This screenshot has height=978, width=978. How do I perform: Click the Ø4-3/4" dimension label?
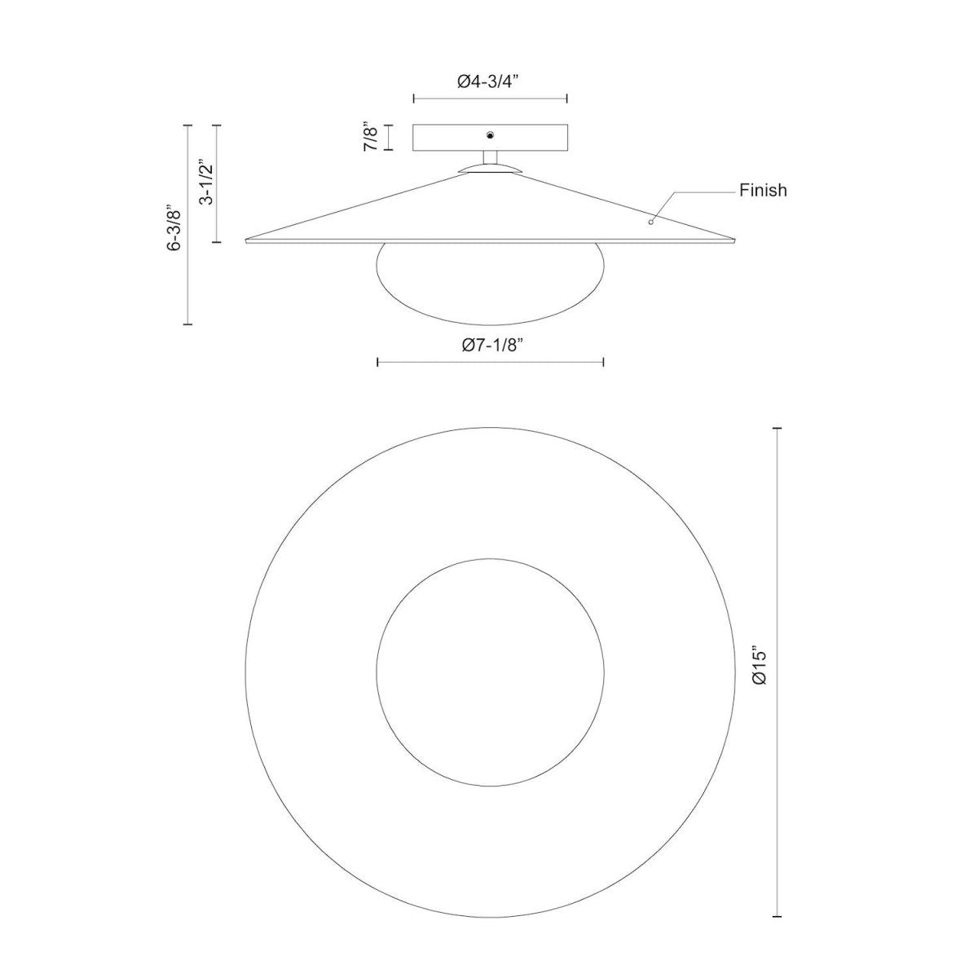pyautogui.click(x=490, y=81)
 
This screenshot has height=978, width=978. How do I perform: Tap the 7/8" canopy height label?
pyautogui.click(x=372, y=137)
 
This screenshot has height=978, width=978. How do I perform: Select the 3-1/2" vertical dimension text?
pyautogui.click(x=206, y=183)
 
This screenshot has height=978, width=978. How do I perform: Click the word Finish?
pyautogui.click(x=763, y=191)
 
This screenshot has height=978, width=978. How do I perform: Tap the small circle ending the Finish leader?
pyautogui.click(x=650, y=221)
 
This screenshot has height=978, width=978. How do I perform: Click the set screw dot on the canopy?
pyautogui.click(x=490, y=135)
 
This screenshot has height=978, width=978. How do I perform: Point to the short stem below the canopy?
pyautogui.click(x=490, y=158)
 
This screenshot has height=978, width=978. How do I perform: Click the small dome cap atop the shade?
pyautogui.click(x=490, y=167)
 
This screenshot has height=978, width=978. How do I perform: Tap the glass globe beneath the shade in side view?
pyautogui.click(x=490, y=277)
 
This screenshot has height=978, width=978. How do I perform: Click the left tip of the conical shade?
pyautogui.click(x=248, y=240)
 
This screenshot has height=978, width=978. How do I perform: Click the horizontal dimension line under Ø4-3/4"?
pyautogui.click(x=490, y=99)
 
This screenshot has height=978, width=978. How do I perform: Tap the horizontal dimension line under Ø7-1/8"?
pyautogui.click(x=490, y=362)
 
